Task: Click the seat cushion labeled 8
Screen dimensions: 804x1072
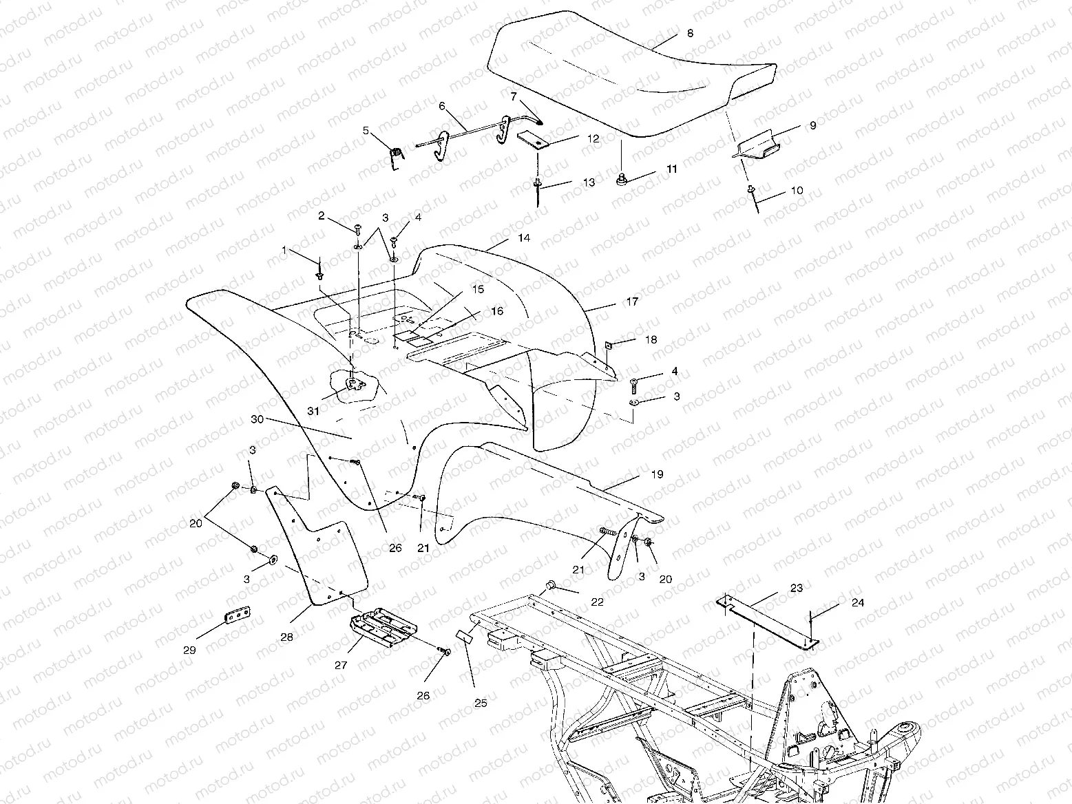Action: coord(620,76)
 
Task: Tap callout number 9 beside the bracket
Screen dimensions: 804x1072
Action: coord(812,126)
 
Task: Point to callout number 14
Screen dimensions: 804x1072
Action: coord(525,238)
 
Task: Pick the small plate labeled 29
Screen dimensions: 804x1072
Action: coord(236,615)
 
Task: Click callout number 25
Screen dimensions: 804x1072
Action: coord(481,703)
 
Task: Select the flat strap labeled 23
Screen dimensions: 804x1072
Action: coord(764,619)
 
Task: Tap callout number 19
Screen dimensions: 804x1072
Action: coord(657,474)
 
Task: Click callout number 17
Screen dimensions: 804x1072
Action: coord(632,301)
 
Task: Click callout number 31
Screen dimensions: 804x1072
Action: coord(313,411)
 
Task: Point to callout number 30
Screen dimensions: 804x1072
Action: coord(258,419)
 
